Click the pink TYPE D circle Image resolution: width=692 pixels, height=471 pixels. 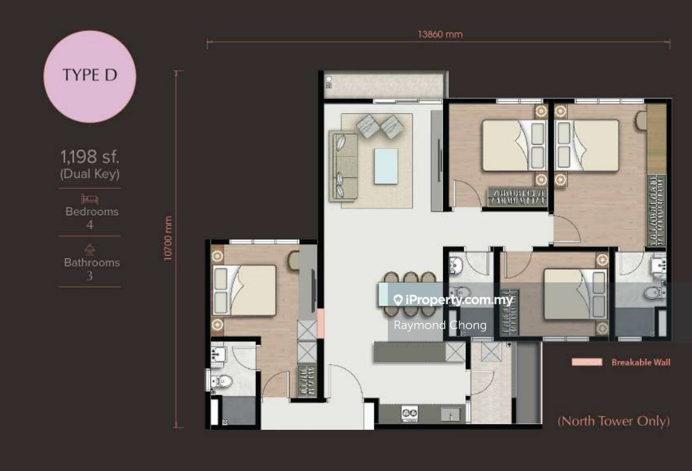(89, 77)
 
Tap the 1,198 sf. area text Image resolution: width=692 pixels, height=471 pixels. (89, 156)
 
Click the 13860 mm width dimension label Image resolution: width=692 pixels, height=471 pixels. (440, 34)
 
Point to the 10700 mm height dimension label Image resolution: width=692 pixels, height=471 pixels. (168, 238)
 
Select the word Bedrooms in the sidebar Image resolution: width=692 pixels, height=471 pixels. (92, 211)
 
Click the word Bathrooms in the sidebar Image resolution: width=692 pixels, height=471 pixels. (92, 262)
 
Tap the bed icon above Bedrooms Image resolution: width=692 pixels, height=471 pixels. (89, 199)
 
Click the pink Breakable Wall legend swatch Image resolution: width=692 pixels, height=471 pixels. (587, 362)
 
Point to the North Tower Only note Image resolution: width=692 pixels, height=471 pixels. (613, 421)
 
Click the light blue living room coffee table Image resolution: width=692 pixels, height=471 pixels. (386, 166)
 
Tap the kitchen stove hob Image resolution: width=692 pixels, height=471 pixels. (409, 413)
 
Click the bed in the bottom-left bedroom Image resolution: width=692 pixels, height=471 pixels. (245, 290)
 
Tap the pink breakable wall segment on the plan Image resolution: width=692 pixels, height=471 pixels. (321, 323)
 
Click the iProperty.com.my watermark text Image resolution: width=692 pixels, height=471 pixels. (453, 300)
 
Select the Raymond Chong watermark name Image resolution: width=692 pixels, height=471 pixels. (440, 325)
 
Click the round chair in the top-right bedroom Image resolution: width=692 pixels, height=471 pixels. (641, 120)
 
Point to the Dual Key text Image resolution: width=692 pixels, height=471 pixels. (89, 173)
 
